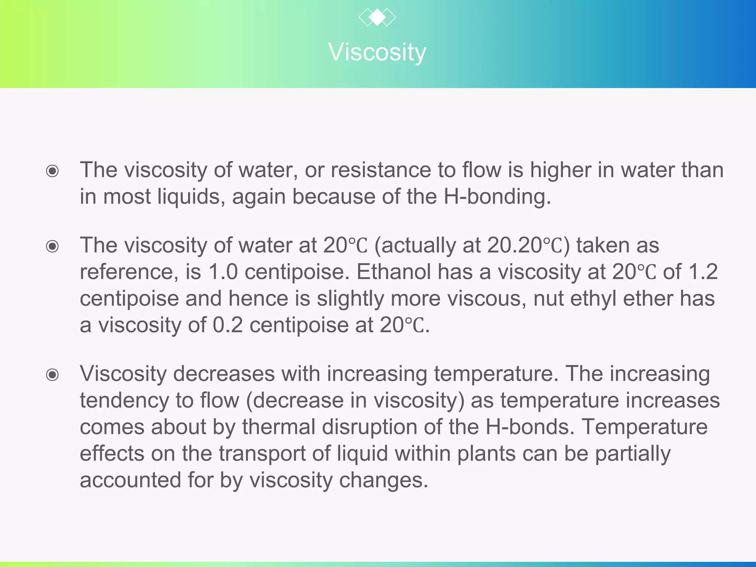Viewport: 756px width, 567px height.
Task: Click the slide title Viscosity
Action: (x=377, y=52)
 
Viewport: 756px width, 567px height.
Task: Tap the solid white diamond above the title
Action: (x=377, y=17)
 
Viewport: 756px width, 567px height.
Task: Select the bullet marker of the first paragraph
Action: (x=52, y=171)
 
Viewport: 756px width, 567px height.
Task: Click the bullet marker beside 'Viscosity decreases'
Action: (x=52, y=375)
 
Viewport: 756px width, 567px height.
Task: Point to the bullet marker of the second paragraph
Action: (x=52, y=246)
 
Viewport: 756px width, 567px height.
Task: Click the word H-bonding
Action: (x=497, y=197)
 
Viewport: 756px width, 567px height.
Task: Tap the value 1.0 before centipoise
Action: (x=223, y=272)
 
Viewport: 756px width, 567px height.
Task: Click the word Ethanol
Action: (x=394, y=272)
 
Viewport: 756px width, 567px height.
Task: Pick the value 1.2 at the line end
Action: (x=703, y=272)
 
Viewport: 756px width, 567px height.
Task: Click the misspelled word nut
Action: (x=549, y=299)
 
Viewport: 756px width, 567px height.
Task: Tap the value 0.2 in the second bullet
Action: (x=227, y=325)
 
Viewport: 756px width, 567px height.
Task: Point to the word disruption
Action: (x=369, y=427)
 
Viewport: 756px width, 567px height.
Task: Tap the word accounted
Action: (x=130, y=480)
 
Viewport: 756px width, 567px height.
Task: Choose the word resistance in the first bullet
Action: (x=381, y=170)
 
